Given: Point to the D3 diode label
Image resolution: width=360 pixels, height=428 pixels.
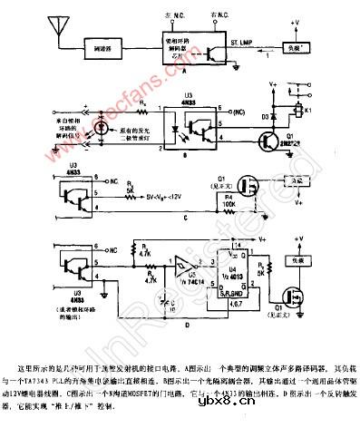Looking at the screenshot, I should coord(263,115).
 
